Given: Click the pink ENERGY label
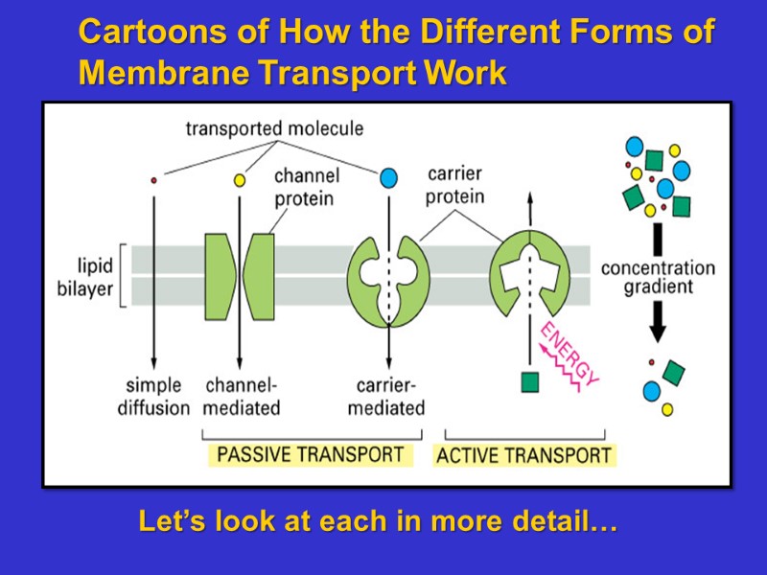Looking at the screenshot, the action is coord(569,355).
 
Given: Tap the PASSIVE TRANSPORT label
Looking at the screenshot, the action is coord(311,454).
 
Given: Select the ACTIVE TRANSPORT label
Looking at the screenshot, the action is coord(523,455).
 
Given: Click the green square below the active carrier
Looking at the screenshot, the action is coord(529,382).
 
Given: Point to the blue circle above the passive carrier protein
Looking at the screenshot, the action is coord(388,177).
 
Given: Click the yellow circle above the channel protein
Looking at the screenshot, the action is coord(240,179).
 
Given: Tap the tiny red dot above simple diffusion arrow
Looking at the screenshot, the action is coord(153,179).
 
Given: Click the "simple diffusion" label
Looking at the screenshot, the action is coord(153,397).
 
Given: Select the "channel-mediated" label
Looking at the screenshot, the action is coord(243,397).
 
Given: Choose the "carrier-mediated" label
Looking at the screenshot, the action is coord(386,397).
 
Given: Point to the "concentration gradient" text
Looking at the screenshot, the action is coord(658,277).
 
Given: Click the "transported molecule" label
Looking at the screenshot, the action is coord(274,128).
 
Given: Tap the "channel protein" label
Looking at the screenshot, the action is coord(304,188).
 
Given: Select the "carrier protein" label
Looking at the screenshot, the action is coord(455,186).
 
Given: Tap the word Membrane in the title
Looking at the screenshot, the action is coord(151,73).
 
